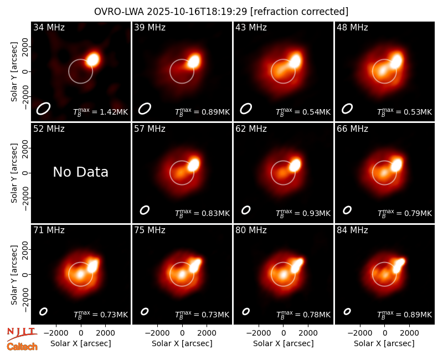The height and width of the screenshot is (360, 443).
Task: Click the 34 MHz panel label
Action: point(49,27)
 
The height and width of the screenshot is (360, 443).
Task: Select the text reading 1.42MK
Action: point(114,112)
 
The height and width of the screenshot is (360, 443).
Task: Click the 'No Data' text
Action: point(80,172)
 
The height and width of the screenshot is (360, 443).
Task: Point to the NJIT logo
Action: point(22,333)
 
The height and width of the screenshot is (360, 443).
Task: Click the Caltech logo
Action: point(22,347)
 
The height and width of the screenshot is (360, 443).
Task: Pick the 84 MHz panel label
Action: point(352,230)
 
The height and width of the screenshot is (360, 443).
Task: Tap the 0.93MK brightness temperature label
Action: point(316,213)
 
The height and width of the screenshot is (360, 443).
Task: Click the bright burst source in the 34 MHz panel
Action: point(92,60)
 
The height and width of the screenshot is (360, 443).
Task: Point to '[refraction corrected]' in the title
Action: point(299,12)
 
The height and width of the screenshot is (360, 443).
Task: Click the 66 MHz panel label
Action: point(352,129)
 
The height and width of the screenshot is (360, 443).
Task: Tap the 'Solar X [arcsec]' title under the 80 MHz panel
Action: point(284,343)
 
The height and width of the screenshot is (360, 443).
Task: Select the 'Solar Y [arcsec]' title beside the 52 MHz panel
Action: point(14,173)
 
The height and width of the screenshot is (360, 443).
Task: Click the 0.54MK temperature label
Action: point(316,112)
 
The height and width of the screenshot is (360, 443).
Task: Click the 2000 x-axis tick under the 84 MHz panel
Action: point(409,333)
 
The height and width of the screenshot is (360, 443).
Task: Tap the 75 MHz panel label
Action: point(150,230)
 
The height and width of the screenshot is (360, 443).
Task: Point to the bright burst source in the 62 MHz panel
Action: point(295,165)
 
